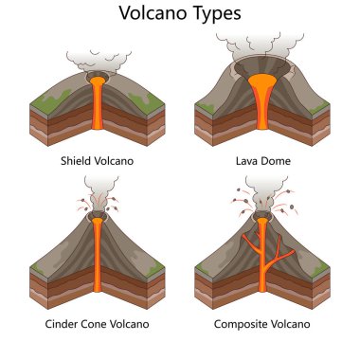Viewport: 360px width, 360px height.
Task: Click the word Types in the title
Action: pyautogui.click(x=216, y=15)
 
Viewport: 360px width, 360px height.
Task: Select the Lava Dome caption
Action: pyautogui.click(x=262, y=161)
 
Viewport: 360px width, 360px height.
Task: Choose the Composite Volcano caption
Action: pyautogui.click(x=262, y=323)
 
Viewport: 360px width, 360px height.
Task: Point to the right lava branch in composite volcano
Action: pyautogui.click(x=275, y=242)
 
